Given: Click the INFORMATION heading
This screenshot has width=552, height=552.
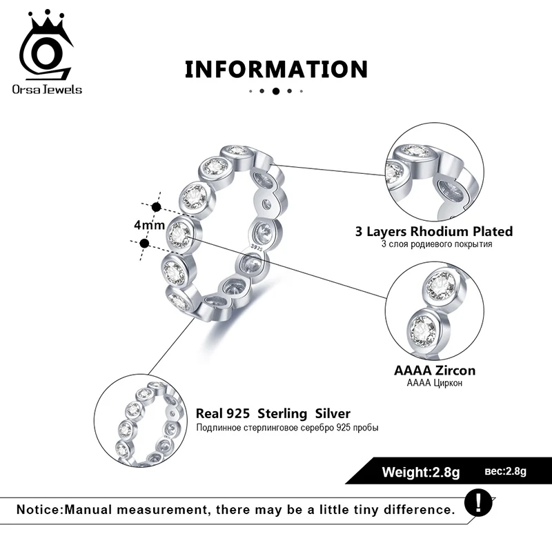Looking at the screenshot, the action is pos(276,69).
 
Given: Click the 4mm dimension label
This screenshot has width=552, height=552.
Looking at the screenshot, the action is pos(149,225).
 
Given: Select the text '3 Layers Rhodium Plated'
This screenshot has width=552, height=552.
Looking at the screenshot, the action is pos(434,232).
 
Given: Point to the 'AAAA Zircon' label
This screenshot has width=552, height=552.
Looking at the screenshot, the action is pos(434,371).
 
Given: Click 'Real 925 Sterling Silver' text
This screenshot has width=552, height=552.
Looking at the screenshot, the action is pos(273,414).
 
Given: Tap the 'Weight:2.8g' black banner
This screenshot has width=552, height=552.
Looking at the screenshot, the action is pos(421,473).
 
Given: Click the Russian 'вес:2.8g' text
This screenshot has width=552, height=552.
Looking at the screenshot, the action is pos(505,472).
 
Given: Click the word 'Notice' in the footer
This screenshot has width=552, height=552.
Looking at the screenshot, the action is pos(39,511).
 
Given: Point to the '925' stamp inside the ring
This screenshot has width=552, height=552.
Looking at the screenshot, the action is pos(257,244).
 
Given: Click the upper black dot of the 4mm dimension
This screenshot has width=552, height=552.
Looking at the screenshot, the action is pos(156,206).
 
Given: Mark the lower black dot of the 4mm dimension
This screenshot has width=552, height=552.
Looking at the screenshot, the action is pos(144,243).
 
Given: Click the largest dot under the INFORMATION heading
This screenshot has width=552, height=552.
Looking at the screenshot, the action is pos(276,91).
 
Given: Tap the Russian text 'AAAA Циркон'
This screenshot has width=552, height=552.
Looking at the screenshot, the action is pos(434,383).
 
